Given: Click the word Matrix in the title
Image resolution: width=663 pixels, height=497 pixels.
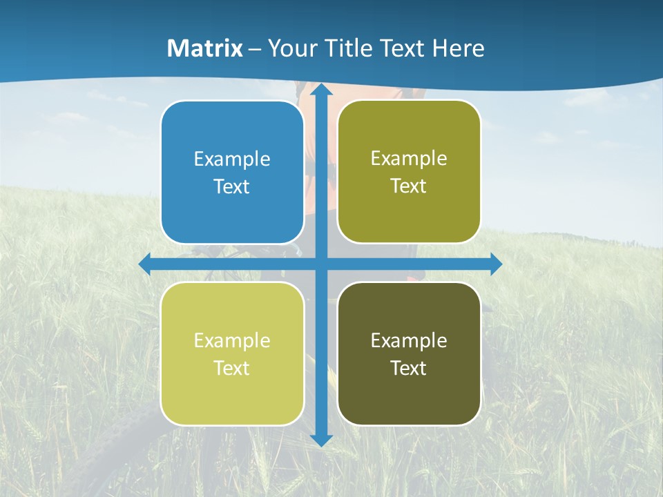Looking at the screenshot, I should point(205,48).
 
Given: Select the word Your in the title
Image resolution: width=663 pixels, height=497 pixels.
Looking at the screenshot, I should point(288,48).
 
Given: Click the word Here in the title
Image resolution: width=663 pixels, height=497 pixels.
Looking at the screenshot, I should point(458,48).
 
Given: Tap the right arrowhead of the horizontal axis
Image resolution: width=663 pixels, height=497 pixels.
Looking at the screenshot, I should point(495,264).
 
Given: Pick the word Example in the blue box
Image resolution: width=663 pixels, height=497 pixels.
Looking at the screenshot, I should point(232,159).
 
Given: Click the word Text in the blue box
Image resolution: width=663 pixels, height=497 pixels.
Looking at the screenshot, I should point(232,186).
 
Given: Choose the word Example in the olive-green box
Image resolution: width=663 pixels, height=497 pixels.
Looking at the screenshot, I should point(409,158).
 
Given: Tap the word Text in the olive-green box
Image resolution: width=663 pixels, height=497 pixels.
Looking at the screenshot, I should point(409,186).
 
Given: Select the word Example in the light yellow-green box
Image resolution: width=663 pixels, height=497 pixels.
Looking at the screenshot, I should point(232,340).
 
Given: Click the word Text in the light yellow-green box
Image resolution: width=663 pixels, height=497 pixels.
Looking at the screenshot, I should point(232,368).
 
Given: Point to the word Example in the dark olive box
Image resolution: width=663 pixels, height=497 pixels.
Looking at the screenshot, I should point(409,340).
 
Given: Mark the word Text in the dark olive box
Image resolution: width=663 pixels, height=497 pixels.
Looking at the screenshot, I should point(409,368).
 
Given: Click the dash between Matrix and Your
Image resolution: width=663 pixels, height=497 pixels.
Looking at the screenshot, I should point(255,49).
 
